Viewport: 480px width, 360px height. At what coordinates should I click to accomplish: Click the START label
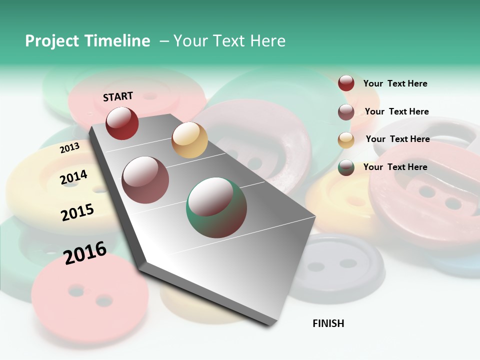coord(118,96)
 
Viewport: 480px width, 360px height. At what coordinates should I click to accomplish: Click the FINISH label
coord(328,323)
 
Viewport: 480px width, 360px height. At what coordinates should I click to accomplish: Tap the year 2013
coord(69,148)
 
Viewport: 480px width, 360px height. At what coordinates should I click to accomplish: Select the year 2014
coord(73,177)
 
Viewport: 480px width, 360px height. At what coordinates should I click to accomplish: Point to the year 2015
coord(77,212)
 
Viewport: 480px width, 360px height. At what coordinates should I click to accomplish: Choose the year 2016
coord(85,253)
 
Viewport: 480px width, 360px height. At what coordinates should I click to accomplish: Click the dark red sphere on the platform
coord(122,123)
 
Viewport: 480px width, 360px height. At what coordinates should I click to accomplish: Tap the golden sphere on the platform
coord(189,140)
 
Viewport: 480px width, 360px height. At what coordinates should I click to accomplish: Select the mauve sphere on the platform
coord(145,180)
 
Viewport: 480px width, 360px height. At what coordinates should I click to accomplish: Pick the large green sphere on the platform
coord(216,207)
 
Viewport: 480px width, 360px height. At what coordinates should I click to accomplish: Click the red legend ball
coord(346,83)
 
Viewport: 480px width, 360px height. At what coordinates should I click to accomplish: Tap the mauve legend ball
coord(346,112)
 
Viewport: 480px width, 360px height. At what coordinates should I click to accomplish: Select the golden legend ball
coord(346,140)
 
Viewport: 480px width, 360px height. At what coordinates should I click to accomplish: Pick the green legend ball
coord(346,168)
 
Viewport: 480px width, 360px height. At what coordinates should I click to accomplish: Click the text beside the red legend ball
coord(395,83)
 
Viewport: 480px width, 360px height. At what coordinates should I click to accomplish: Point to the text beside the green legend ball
coord(395,167)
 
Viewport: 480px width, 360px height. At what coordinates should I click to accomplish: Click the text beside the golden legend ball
coord(397,139)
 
